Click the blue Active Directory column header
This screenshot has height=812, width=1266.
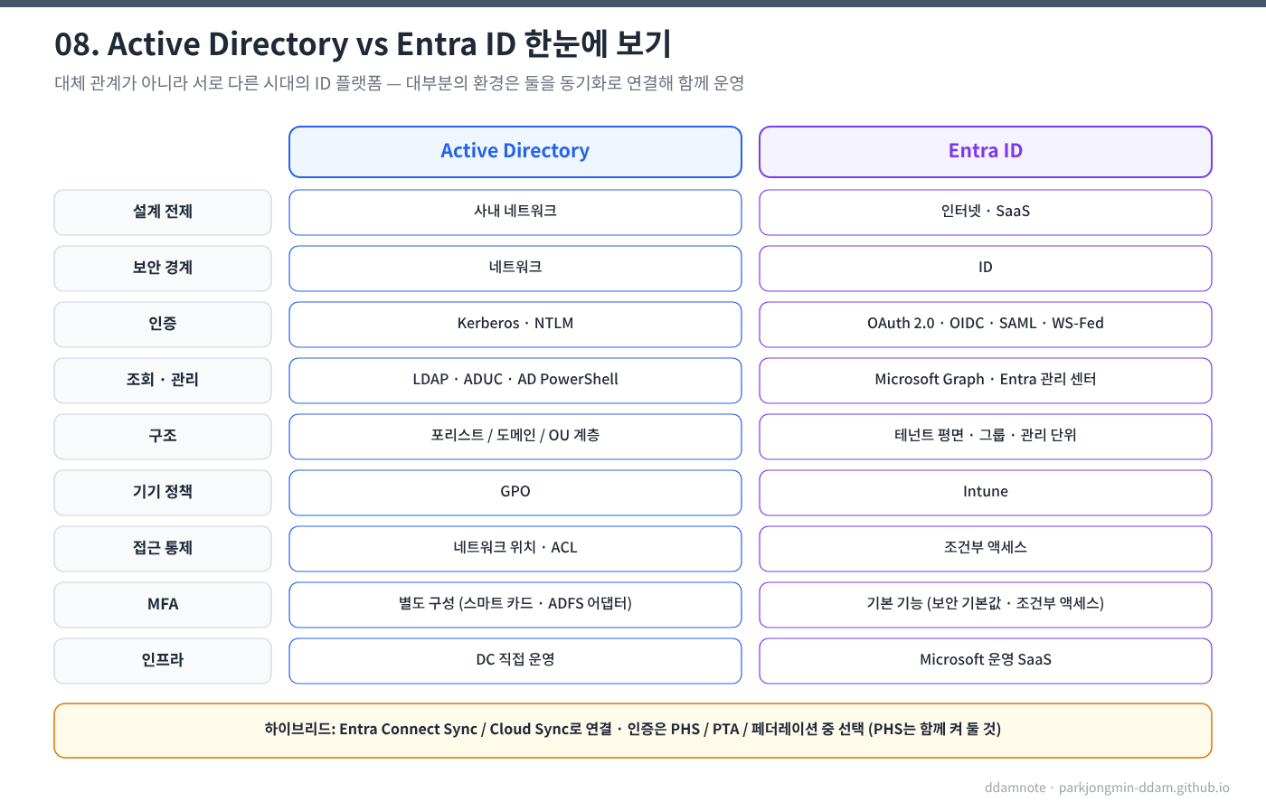click(x=515, y=151)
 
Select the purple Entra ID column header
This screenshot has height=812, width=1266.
click(x=985, y=151)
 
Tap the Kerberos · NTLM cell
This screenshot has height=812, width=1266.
click(x=515, y=324)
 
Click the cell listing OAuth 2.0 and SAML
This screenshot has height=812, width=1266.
click(x=985, y=324)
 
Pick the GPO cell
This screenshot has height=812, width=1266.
click(x=515, y=492)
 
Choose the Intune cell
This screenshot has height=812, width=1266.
click(x=985, y=492)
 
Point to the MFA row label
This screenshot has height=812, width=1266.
click(x=163, y=605)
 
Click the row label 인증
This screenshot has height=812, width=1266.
click(x=163, y=324)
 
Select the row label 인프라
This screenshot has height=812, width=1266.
click(x=163, y=661)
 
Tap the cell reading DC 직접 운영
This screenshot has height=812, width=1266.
click(x=515, y=661)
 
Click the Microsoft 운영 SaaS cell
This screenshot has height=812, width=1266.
click(x=985, y=661)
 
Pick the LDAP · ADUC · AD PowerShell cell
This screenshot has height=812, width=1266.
click(x=515, y=380)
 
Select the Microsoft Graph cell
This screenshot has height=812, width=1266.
click(x=985, y=380)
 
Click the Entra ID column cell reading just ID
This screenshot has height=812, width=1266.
click(x=985, y=268)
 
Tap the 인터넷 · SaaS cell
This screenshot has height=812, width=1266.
click(x=985, y=212)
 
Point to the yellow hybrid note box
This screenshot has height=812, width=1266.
click(x=633, y=730)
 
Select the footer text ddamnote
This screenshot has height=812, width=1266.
click(x=1015, y=788)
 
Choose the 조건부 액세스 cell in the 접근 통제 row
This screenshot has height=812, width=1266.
click(x=985, y=548)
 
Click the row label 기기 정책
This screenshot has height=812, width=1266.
click(x=163, y=492)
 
